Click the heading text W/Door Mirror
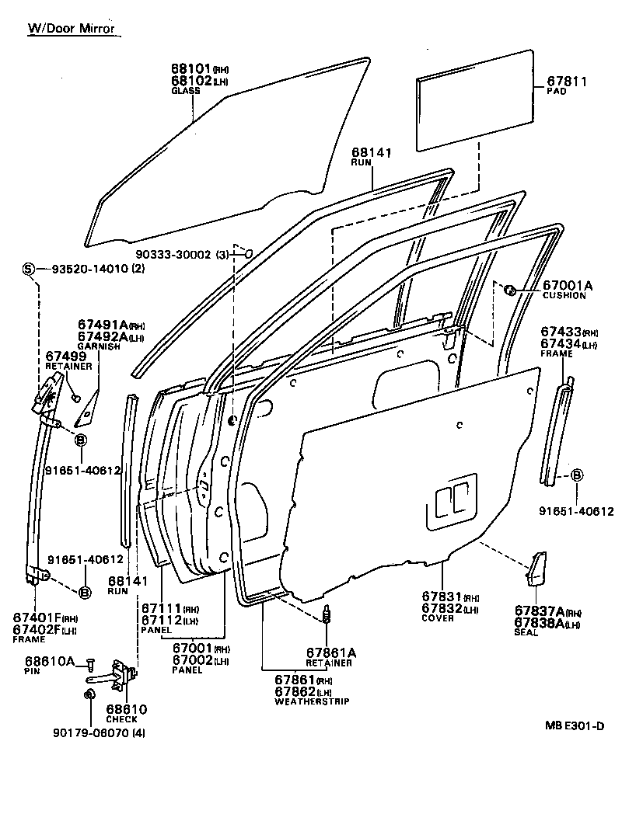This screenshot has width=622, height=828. [x=71, y=29]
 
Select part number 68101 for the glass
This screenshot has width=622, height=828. [x=190, y=68]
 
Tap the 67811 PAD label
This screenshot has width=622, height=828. [x=567, y=81]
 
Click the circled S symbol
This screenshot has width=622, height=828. [x=29, y=269]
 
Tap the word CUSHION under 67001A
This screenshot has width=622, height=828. [x=564, y=296]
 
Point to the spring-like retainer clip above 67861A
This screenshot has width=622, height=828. [x=327, y=615]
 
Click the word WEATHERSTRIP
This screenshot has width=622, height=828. [x=313, y=701]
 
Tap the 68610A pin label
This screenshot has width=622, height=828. [x=49, y=661]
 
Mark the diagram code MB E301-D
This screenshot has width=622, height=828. [x=574, y=725]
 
